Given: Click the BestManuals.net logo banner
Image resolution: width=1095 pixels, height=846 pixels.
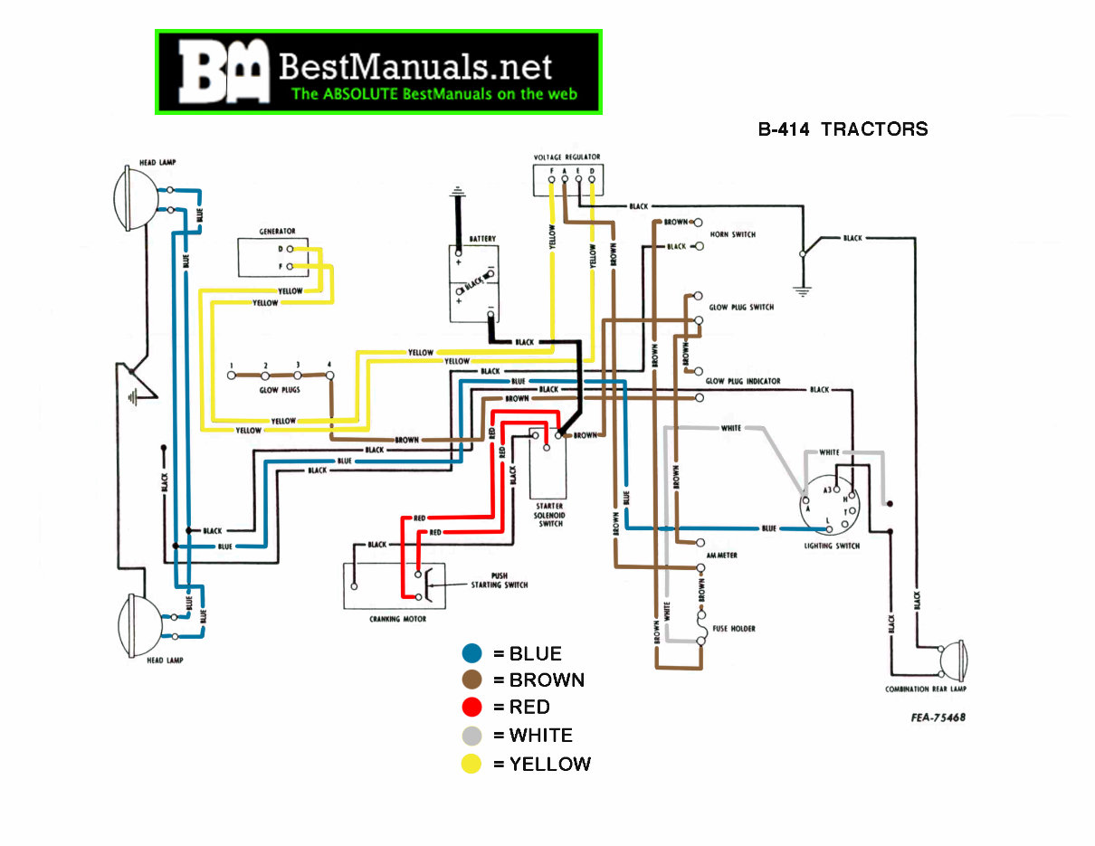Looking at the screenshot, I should [x=378, y=71].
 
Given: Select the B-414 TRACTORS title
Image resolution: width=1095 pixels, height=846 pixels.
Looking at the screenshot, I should [x=843, y=129].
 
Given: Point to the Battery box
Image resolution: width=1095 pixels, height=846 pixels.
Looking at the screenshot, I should [x=474, y=282].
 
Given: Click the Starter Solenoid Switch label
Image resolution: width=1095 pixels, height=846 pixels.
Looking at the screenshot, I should [x=550, y=514].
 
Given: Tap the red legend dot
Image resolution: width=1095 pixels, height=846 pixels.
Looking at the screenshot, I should [x=471, y=708].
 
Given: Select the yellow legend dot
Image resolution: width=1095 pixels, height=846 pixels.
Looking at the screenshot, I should [x=471, y=764].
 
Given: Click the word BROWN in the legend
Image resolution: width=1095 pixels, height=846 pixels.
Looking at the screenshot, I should [x=547, y=680].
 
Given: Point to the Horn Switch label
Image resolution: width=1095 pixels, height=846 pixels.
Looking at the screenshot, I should [x=732, y=235].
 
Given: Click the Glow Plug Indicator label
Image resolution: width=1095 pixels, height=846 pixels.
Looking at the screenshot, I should [x=742, y=381].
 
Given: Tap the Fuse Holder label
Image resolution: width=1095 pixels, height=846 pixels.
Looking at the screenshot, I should [x=733, y=628].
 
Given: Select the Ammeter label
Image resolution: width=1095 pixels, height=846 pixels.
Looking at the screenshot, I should [x=722, y=555].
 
